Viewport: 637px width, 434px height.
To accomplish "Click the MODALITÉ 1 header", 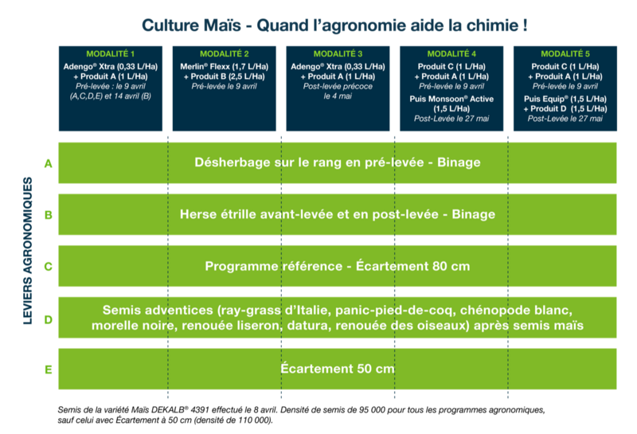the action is [110, 53].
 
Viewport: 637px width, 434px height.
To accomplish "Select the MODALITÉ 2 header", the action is [224, 53].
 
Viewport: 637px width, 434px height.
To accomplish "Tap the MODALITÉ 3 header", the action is [338, 53].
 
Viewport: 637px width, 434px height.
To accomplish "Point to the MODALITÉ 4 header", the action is [451, 53].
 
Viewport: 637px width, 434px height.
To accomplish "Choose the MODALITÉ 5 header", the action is [565, 53].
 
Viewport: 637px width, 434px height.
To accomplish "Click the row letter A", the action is [49, 164].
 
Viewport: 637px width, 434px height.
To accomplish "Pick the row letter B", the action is [49, 215].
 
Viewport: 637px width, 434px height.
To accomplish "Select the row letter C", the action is [49, 267].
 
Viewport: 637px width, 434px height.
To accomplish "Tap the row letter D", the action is [49, 320].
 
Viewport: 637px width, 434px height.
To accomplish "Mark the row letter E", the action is [49, 369].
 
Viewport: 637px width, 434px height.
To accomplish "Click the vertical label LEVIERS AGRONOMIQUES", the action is [28, 251].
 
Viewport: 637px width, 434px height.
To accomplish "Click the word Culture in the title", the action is [170, 25].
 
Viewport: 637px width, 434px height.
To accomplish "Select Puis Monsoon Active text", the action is [451, 100].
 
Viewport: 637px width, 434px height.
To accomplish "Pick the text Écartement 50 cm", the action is [338, 369].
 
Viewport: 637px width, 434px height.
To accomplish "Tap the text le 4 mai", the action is [338, 96].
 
